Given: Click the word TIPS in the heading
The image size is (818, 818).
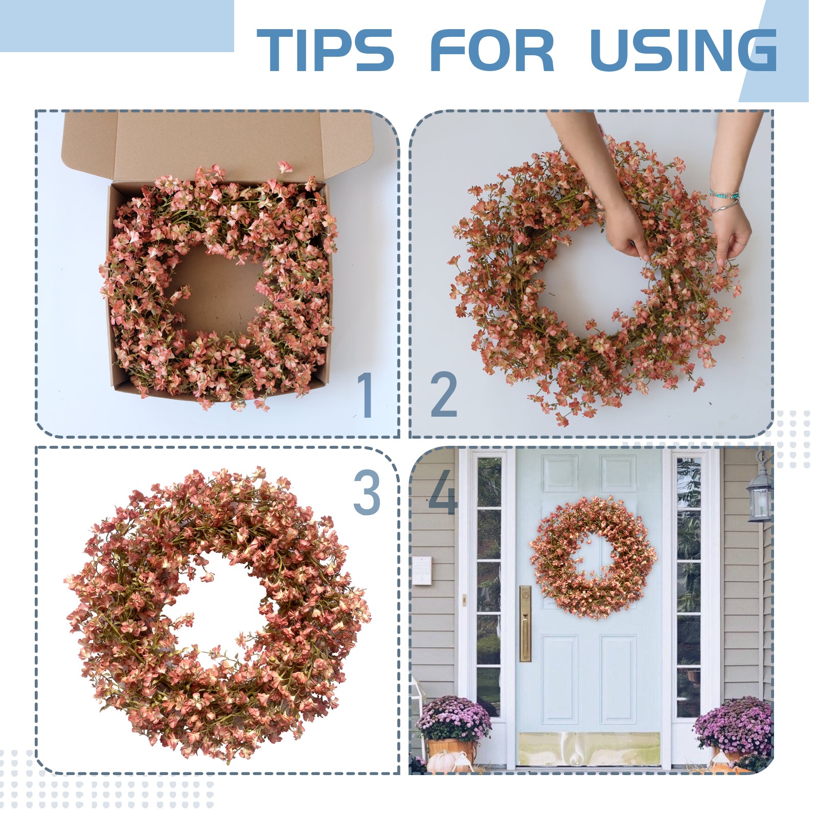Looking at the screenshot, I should [325, 50].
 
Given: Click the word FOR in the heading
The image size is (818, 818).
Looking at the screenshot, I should [492, 50].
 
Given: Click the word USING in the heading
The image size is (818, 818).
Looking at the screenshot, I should [683, 50].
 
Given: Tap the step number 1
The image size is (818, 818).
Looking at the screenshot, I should [365, 395].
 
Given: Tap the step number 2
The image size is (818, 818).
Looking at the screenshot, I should [443, 395].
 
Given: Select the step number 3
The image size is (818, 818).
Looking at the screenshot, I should [367, 492].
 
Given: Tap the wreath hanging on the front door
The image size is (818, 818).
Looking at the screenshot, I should [593, 557].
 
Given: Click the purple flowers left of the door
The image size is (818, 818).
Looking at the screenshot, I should [453, 718].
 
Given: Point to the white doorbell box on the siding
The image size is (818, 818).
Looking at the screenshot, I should [422, 571].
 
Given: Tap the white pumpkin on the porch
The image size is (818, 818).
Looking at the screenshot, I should [441, 762].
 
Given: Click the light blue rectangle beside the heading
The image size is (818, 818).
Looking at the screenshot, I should [117, 26].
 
